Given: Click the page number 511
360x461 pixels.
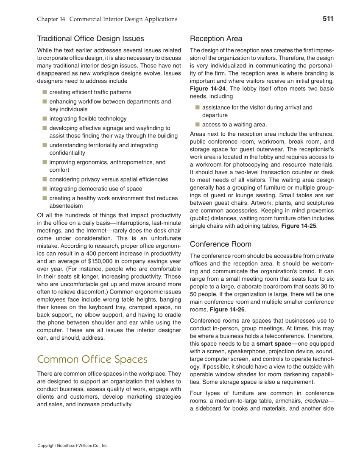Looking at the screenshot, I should (x=328, y=19).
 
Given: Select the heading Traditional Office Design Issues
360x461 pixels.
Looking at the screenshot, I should (x=90, y=39).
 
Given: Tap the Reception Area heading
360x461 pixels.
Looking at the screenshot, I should (x=216, y=39).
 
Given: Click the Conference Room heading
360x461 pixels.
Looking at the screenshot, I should (x=220, y=244).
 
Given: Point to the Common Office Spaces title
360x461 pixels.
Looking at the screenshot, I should (x=92, y=360).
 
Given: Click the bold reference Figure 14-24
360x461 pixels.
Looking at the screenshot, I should (x=208, y=89).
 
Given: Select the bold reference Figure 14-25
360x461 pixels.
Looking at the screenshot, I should (x=299, y=226).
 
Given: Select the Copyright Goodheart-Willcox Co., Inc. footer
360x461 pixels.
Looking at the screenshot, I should (x=73, y=446).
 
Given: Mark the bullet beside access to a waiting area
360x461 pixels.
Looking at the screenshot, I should (x=197, y=124).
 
